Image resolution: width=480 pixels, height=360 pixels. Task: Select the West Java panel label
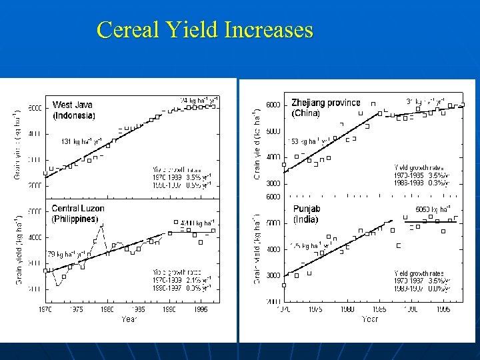72,105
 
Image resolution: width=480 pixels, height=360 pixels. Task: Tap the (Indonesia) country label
73,115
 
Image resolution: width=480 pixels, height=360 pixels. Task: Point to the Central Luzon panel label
78,209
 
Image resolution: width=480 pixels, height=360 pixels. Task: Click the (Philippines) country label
75,219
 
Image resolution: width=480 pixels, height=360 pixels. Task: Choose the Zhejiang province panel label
325,103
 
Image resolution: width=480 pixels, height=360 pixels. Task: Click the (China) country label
306,113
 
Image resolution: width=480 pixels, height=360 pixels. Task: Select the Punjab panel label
307,209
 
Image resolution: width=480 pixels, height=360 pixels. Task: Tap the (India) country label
305,219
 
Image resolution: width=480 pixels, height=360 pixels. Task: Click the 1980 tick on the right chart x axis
347,310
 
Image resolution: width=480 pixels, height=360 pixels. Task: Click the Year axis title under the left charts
130,319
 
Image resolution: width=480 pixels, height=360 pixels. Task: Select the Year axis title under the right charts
369,319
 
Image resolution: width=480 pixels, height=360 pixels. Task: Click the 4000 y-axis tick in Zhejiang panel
273,157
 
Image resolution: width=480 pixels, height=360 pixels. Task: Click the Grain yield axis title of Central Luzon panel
18,250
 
